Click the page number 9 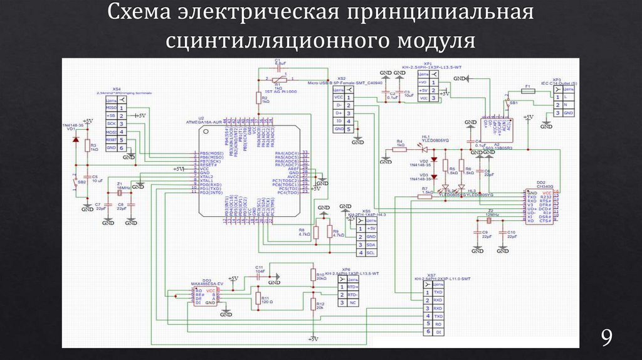pyautogui.click(x=606, y=339)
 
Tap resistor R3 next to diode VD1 pyautogui.click(x=88, y=147)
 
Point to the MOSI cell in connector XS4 pyautogui.click(x=111, y=132)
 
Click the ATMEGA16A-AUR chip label pyautogui.click(x=205, y=121)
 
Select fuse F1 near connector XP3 pyautogui.click(x=528, y=90)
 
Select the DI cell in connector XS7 pyautogui.click(x=438, y=331)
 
